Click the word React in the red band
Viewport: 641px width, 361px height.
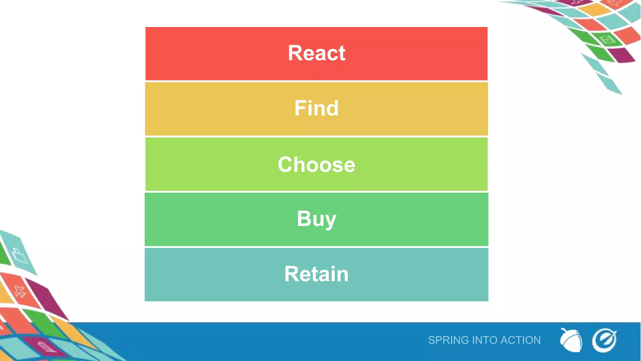coord(316,53)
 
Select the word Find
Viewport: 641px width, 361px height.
coord(316,108)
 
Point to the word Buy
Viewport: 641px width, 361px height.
coord(316,219)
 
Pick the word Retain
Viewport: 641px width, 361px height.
coord(316,274)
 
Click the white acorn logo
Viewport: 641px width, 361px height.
coord(572,341)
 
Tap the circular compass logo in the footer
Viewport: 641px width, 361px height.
coord(604,340)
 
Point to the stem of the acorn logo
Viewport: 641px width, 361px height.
coord(564,330)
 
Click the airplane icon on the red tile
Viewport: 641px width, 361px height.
coord(20,291)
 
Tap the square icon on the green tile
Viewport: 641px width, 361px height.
coord(607,40)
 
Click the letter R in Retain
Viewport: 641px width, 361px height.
coord(291,274)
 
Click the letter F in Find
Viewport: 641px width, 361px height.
coord(300,108)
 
